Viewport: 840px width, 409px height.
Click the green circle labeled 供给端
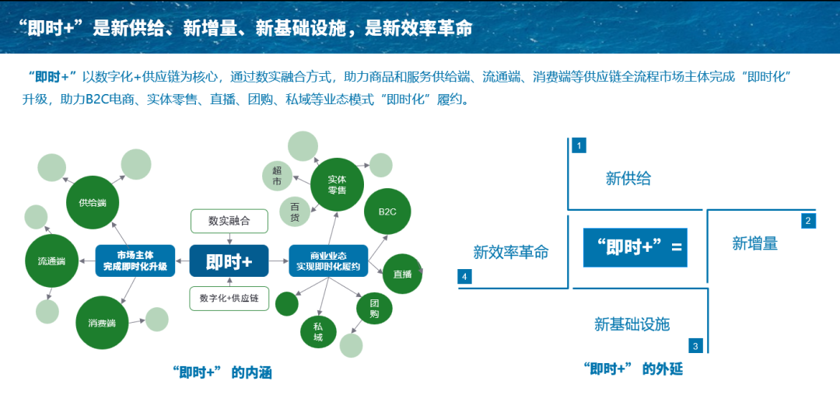click(x=92, y=203)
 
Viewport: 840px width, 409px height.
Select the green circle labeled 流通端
click(x=51, y=261)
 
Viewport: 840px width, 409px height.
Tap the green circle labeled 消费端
click(x=101, y=323)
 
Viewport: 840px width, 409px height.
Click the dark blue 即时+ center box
click(x=229, y=261)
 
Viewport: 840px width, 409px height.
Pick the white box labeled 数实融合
click(x=229, y=221)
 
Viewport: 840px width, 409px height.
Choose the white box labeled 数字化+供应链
click(x=229, y=299)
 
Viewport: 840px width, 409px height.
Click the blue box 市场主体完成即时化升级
click(x=135, y=261)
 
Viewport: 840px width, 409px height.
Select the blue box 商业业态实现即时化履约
click(x=327, y=261)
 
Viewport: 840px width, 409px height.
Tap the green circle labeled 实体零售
click(x=337, y=184)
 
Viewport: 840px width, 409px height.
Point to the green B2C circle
click(x=387, y=211)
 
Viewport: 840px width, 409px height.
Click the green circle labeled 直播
click(x=402, y=274)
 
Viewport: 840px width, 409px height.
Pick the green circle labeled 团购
click(x=374, y=309)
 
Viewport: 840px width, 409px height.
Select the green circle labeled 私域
click(x=318, y=332)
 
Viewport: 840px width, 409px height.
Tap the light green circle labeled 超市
click(x=277, y=177)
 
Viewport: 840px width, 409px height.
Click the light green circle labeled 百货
click(x=295, y=212)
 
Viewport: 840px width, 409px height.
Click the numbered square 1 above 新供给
click(x=578, y=145)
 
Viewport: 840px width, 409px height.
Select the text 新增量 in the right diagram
click(x=754, y=243)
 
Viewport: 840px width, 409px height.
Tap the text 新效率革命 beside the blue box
click(x=511, y=252)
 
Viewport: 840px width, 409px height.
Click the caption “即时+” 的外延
click(x=632, y=369)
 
